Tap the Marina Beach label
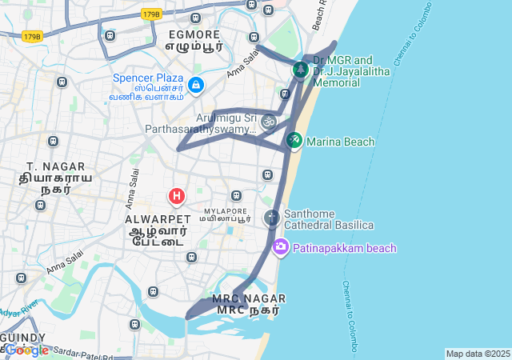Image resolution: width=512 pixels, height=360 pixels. coord(339,142)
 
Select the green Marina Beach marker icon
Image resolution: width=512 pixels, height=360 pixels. coord(294,141)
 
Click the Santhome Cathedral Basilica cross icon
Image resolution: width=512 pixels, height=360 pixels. coord(272,217)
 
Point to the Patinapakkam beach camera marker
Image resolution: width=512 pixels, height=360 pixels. coord(280,247)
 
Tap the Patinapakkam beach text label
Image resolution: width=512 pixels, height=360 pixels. coord(344,248)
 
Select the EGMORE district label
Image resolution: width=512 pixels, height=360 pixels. coord(193,35)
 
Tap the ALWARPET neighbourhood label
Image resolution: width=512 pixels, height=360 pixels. coord(158,218)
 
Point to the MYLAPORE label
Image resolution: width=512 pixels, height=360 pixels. coord(226,210)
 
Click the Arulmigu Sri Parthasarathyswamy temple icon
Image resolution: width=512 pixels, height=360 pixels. coord(269,122)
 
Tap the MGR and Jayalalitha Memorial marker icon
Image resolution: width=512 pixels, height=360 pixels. coord(300,70)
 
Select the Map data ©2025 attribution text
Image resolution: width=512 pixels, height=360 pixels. coord(478,354)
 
